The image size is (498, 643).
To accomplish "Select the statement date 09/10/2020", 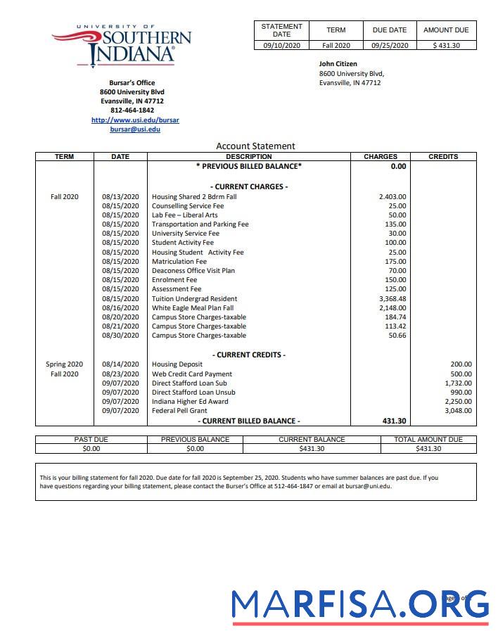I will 281,46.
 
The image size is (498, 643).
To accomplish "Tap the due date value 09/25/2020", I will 389,46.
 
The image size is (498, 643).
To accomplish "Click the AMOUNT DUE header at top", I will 446,30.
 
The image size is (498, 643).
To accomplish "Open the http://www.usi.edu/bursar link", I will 135,120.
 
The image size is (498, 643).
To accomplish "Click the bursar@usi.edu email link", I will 135,129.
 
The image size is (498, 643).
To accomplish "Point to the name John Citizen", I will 338,64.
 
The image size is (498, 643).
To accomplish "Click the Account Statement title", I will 255,146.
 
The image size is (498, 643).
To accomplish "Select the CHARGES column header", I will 381,157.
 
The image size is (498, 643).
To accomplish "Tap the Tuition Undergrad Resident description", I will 194,298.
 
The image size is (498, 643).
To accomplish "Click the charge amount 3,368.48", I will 392,298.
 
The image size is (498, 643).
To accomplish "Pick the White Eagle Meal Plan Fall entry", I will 193,307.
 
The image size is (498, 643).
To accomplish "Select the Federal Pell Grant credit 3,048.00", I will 458,410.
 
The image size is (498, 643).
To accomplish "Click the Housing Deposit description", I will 177,364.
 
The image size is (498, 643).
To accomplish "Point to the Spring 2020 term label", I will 64,364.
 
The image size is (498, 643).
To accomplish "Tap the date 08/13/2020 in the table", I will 120,197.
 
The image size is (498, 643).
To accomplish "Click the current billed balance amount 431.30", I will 393,421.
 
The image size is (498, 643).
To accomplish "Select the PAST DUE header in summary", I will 91,439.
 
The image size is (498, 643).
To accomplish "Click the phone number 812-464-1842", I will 132,110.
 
